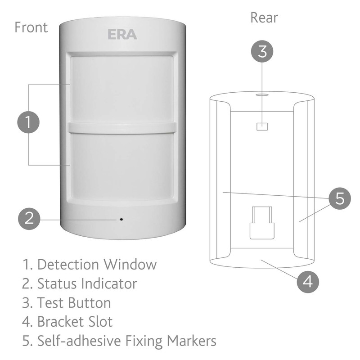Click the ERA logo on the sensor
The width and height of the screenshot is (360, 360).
(121, 35)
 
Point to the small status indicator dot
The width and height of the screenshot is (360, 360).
(121, 220)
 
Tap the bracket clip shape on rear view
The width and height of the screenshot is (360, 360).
(261, 222)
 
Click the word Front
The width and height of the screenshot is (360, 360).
(31, 27)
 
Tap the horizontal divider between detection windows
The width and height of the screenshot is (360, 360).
(121, 127)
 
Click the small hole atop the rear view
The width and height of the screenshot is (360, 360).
(261, 95)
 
